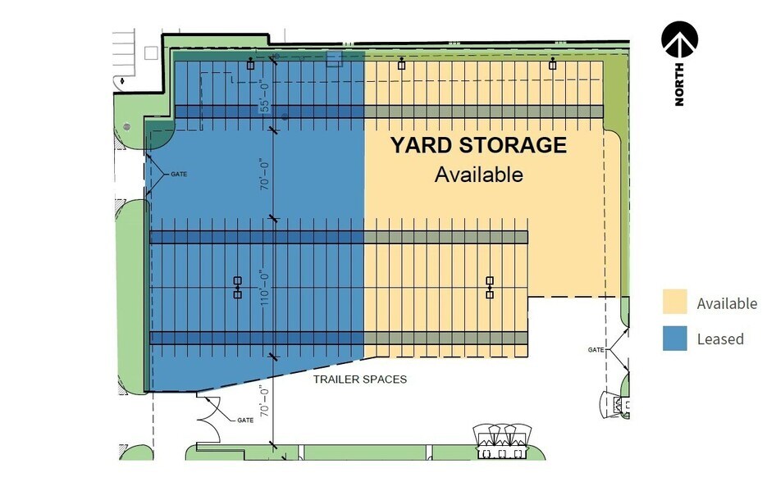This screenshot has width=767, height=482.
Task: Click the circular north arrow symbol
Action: pos(679,39)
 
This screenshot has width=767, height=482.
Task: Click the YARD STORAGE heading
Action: pos(478,146)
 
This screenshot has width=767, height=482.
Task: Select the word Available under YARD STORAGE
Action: pos(478,175)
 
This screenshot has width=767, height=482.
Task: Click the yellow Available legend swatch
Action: pos(674,302)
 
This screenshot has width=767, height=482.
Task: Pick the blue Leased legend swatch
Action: pos(674,339)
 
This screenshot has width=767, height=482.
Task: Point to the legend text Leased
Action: pos(720,339)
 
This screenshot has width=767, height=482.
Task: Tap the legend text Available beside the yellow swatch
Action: pos(727,303)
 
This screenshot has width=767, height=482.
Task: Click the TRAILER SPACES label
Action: pos(360,380)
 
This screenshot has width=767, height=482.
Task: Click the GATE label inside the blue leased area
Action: pos(180,175)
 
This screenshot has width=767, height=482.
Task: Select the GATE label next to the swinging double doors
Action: pos(244,420)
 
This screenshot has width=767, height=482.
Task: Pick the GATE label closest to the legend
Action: pos(596,350)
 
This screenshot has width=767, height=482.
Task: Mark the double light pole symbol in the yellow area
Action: pos(490,287)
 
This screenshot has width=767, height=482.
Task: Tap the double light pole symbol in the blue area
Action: pos(237,287)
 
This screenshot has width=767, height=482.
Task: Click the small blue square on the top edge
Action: pos(333,57)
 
